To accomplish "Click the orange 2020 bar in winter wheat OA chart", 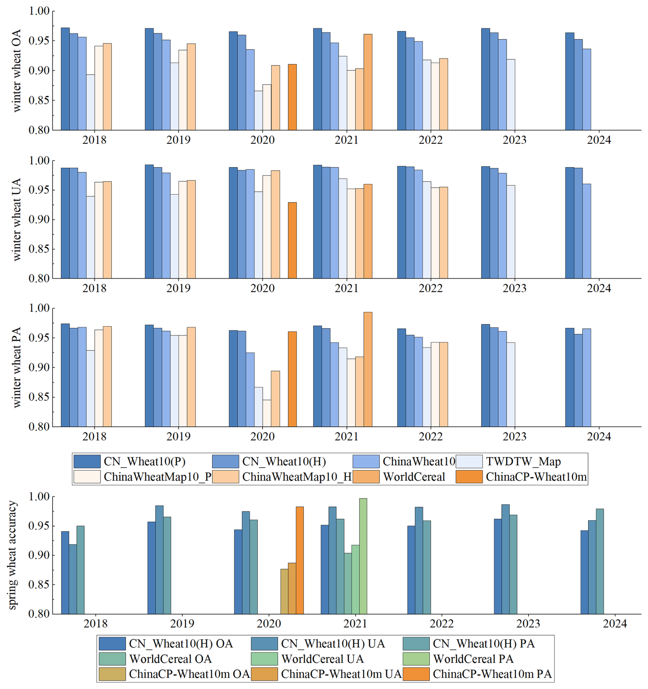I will click(292, 97).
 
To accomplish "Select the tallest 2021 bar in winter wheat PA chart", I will click(367, 369).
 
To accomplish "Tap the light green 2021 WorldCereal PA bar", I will click(363, 556).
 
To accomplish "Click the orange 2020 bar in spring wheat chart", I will click(299, 561).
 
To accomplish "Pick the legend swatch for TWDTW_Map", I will click(469, 461).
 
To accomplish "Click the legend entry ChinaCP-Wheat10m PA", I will click(492, 674).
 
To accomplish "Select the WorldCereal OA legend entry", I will click(170, 659).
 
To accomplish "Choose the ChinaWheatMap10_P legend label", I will click(158, 477).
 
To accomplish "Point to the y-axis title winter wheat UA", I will click(16, 220).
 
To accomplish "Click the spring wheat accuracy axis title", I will click(12, 554).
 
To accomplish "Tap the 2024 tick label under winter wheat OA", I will click(599, 140).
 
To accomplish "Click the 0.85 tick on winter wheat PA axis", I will click(39, 397).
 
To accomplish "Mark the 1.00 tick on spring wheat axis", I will click(39, 497).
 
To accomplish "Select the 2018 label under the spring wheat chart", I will click(95, 624).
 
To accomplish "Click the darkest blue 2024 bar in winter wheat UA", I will click(569, 223).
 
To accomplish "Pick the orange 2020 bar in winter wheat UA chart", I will click(292, 240).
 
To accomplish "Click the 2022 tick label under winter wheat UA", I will click(430, 288).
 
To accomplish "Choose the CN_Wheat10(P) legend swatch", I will click(87, 461).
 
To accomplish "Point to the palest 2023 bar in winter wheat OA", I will click(510, 95).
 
